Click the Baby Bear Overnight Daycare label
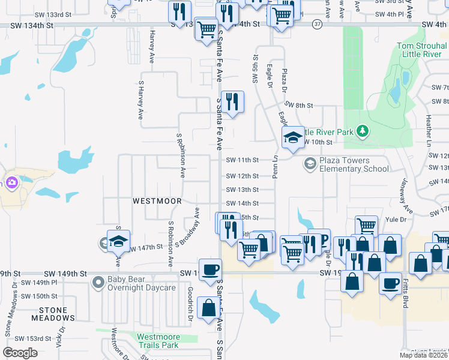(142, 283)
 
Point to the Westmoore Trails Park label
(157, 341)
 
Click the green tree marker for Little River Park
(361, 130)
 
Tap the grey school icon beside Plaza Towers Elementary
(310, 163)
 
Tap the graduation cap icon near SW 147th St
(118, 241)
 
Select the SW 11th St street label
(242, 160)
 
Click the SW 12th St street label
(242, 176)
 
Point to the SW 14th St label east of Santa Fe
(242, 203)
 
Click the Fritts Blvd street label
(405, 296)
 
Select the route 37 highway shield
(318, 23)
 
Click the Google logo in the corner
(20, 353)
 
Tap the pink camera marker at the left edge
(11, 182)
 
